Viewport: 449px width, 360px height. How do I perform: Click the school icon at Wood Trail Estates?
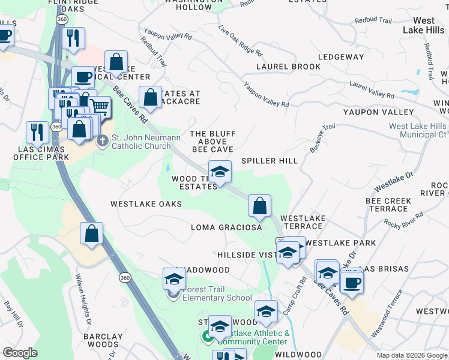point(220,172)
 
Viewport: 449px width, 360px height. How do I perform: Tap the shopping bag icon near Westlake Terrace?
point(259,206)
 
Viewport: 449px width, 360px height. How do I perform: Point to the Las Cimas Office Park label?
point(37,152)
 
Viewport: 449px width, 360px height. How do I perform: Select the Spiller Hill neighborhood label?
point(269,161)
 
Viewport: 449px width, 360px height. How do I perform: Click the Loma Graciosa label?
point(226,227)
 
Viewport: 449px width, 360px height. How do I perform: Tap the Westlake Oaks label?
point(146,204)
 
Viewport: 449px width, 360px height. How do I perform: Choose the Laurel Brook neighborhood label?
point(288,67)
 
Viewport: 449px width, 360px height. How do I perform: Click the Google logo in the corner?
point(20,353)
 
